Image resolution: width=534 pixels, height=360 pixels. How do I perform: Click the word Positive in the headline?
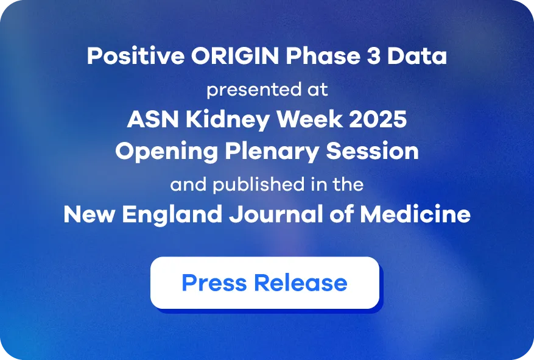coord(136,55)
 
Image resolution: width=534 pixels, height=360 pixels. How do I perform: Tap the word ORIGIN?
coord(235,55)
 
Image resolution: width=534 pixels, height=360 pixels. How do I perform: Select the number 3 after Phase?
coord(374,55)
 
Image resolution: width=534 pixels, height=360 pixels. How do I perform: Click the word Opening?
coord(167,152)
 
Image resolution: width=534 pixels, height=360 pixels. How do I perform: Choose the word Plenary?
coord(272,152)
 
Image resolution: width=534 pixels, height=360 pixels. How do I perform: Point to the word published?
coord(259,185)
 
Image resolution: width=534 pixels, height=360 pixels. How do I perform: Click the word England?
coord(172,214)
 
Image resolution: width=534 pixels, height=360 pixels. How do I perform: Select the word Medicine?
coord(415,214)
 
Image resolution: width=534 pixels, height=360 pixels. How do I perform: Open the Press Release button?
coord(265,283)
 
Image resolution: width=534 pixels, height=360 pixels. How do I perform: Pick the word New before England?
coord(90,214)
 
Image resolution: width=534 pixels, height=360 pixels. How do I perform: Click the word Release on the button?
coord(301,283)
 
